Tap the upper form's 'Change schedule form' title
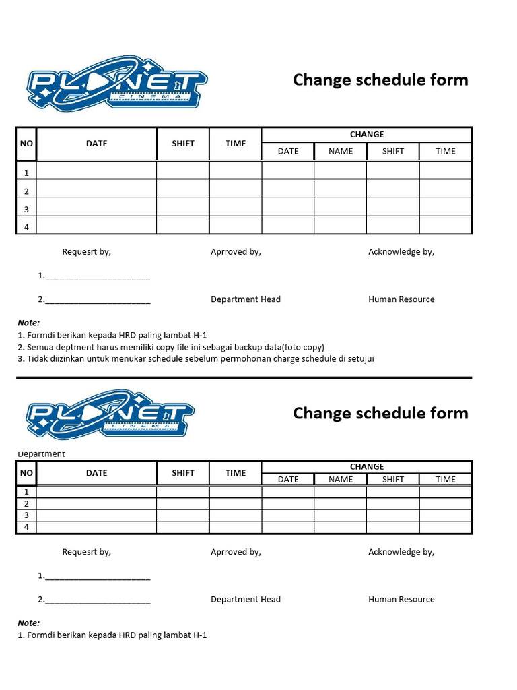click(x=380, y=80)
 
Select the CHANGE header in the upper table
click(x=367, y=135)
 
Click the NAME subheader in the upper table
click(x=341, y=151)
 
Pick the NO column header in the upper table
click(x=26, y=144)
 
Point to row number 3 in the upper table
click(x=26, y=210)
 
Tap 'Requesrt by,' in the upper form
click(x=87, y=252)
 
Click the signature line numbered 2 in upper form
click(x=94, y=300)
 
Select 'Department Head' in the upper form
click(x=246, y=299)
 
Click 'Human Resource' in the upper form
click(x=401, y=299)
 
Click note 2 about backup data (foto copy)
click(x=171, y=347)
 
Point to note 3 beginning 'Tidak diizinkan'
click(x=195, y=358)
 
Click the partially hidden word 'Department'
click(x=42, y=454)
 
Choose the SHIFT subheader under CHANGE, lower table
click(x=393, y=479)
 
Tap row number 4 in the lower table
click(x=26, y=527)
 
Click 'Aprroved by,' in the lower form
click(x=236, y=552)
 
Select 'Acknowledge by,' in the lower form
click(x=401, y=552)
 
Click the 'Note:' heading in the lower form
click(x=29, y=623)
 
